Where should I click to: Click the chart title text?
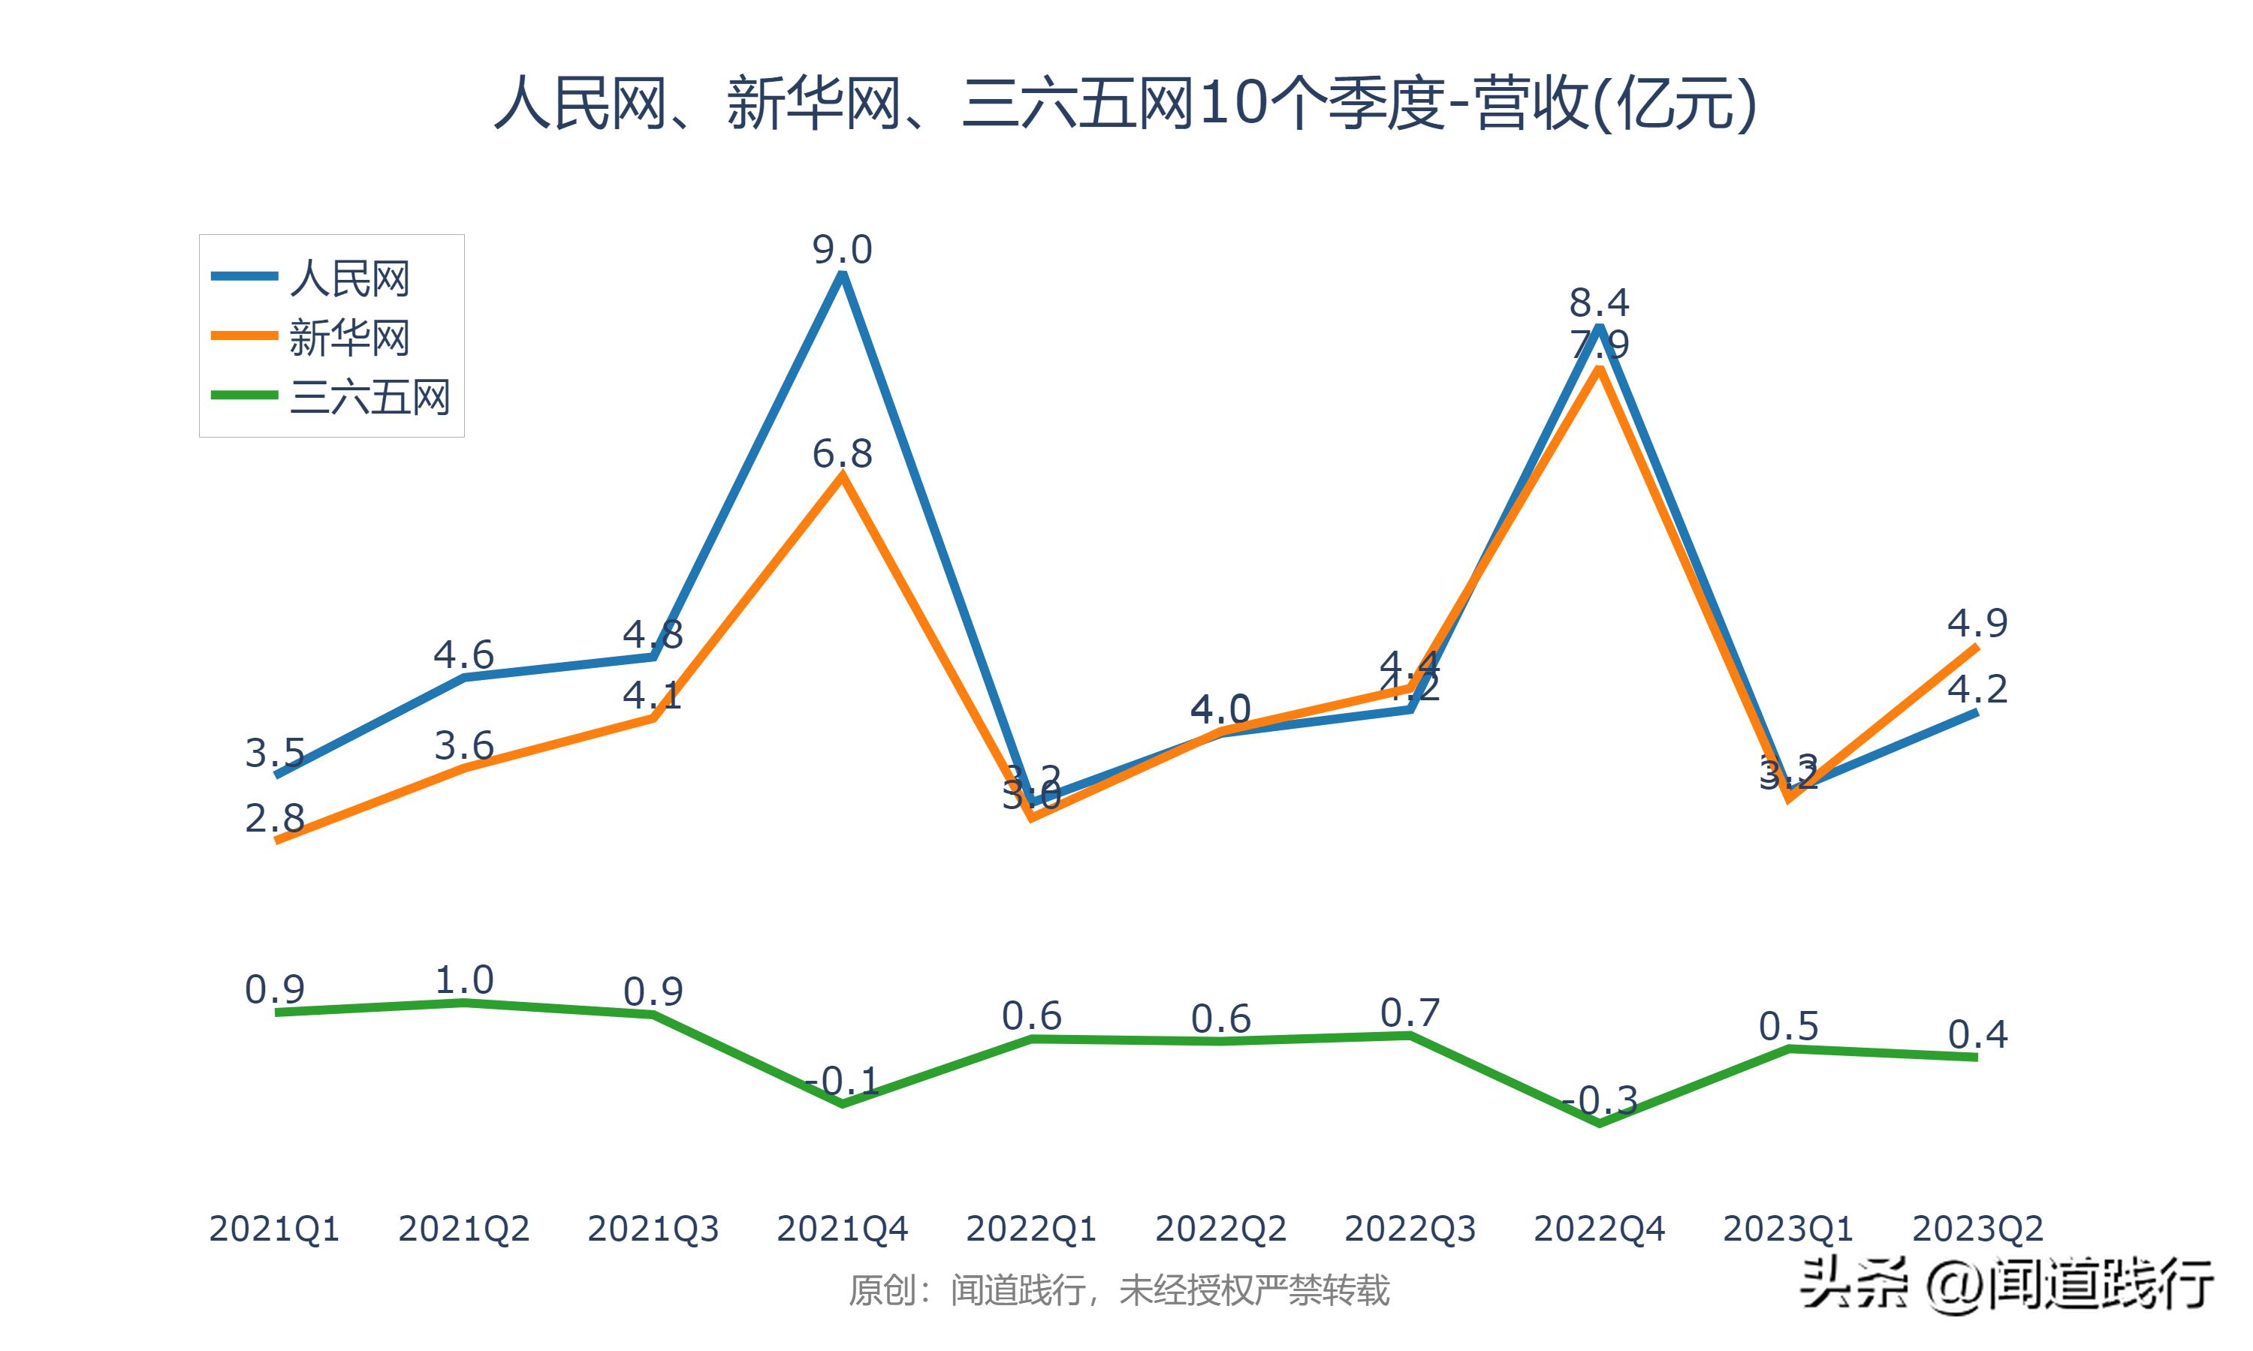pyautogui.click(x=1126, y=104)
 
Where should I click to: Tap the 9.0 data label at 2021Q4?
pyautogui.click(x=843, y=249)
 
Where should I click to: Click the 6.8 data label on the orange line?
pyautogui.click(x=843, y=453)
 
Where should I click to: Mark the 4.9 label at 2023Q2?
pyautogui.click(x=1977, y=624)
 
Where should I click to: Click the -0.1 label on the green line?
pyautogui.click(x=843, y=1081)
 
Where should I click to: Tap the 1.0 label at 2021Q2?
pyautogui.click(x=464, y=980)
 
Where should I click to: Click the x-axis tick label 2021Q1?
pyautogui.click(x=274, y=1229)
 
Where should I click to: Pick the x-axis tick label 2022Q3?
pyautogui.click(x=1410, y=1229)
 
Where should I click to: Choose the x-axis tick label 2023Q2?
pyautogui.click(x=1977, y=1229)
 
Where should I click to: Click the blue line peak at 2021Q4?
pyautogui.click(x=843, y=274)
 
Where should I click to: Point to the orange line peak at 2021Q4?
pyautogui.click(x=843, y=476)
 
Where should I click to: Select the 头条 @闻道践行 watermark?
pyautogui.click(x=2006, y=1284)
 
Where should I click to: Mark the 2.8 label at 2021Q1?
pyautogui.click(x=274, y=818)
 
